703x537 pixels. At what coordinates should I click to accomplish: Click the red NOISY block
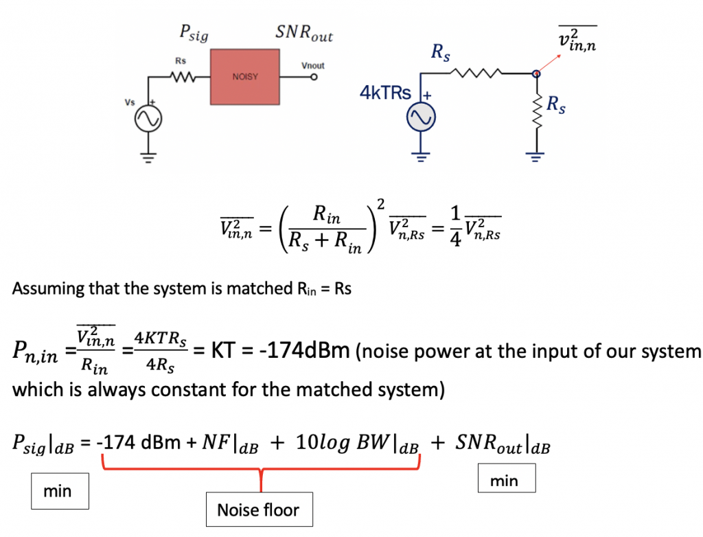coord(245,76)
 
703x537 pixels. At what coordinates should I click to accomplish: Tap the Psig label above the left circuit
coord(193,33)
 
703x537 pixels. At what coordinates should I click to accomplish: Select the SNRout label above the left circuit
coord(303,32)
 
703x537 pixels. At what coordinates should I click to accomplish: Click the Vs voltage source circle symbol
coord(147,120)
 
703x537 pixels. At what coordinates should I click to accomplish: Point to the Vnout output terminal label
coord(313,65)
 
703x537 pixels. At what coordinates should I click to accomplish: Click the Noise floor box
coord(258,510)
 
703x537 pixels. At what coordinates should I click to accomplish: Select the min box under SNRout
coord(505,481)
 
